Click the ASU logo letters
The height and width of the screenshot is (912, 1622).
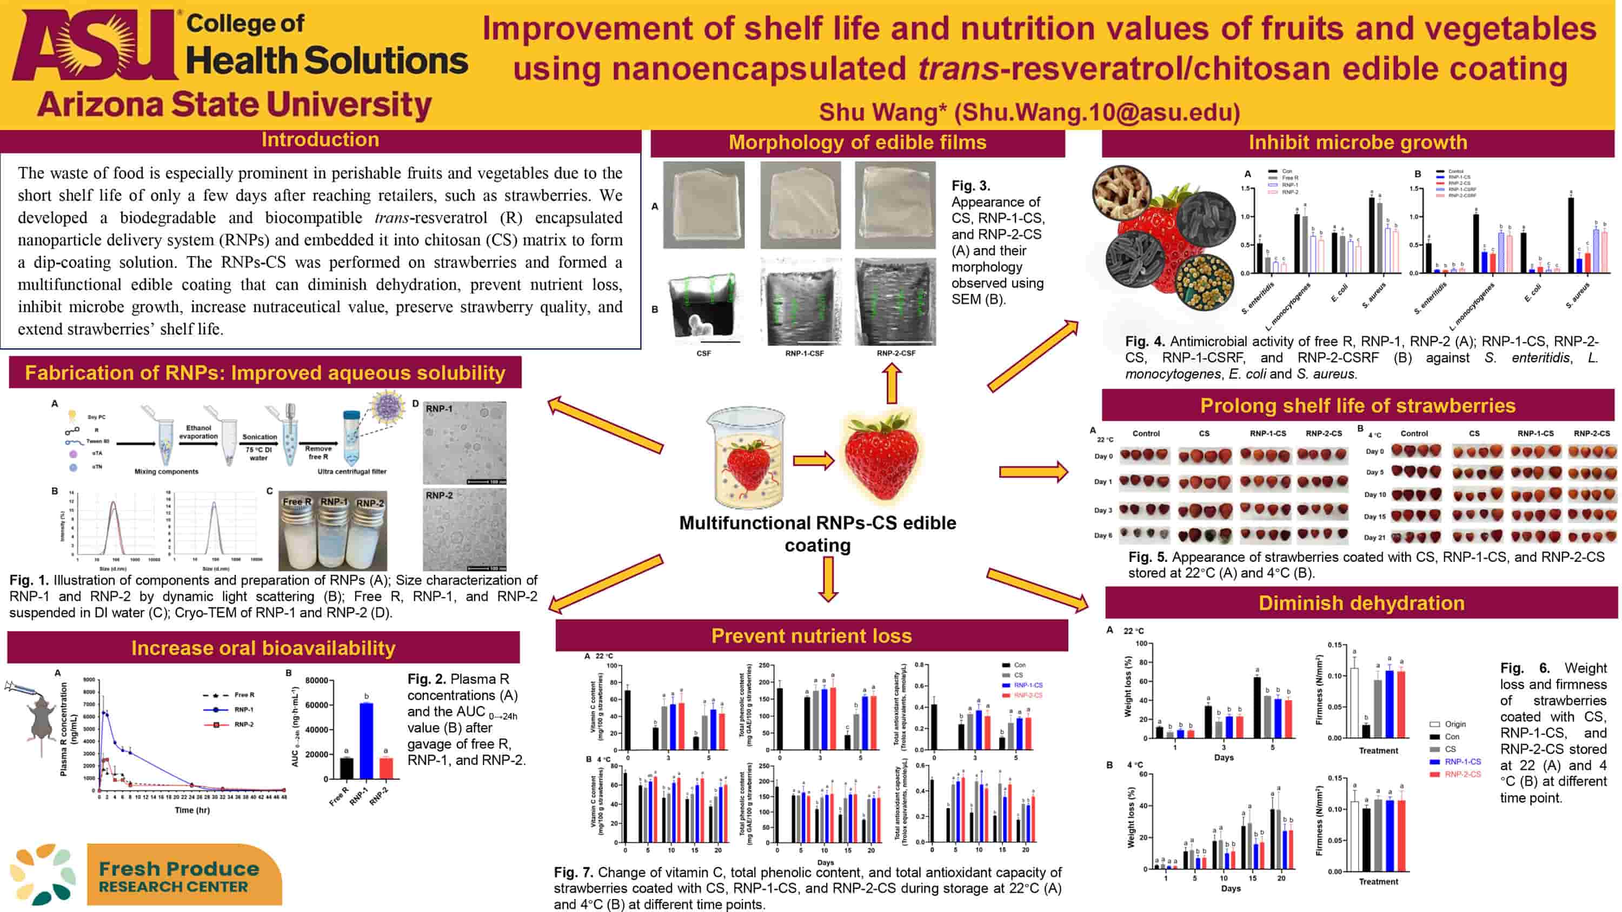click(x=95, y=45)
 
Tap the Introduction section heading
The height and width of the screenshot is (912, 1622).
click(x=320, y=140)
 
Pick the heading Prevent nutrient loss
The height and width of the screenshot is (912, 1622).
click(x=811, y=636)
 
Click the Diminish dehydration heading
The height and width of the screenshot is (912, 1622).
click(x=1361, y=603)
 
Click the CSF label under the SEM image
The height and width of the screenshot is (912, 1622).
click(x=703, y=354)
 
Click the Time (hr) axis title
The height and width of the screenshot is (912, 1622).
click(x=192, y=810)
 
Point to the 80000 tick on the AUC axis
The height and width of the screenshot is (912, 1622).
click(x=317, y=680)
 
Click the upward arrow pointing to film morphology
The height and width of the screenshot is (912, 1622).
click(x=892, y=383)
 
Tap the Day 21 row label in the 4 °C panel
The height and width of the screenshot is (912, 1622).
click(x=1374, y=538)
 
